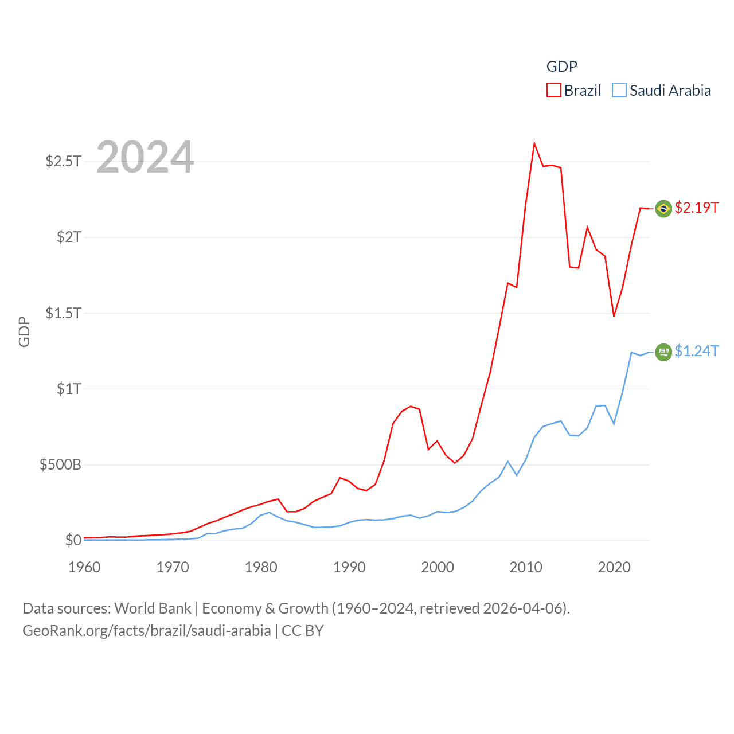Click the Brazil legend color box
tap(553, 91)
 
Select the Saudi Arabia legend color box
tap(619, 91)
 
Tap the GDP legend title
tap(561, 67)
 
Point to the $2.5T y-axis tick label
tap(63, 161)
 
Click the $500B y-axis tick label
tap(60, 464)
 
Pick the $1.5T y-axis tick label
tap(63, 313)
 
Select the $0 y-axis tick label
tap(73, 540)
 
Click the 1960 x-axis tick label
tap(84, 567)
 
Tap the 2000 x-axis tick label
tap(438, 567)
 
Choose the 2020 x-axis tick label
tap(614, 567)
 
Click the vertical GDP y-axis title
tap(24, 331)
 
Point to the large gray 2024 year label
tap(145, 157)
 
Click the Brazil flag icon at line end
tap(663, 208)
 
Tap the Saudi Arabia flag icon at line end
tap(663, 352)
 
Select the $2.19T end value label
tap(697, 208)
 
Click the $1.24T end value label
tap(697, 351)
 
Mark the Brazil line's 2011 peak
tap(534, 143)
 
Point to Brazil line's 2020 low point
tap(614, 316)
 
